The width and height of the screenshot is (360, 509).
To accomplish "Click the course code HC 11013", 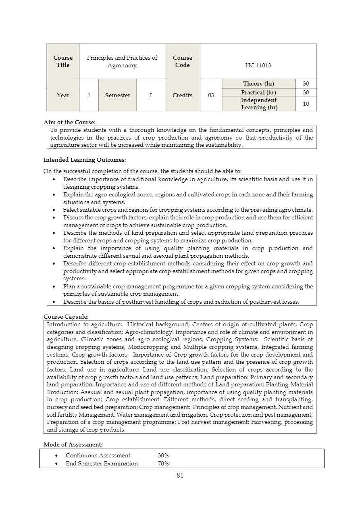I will click(258, 65).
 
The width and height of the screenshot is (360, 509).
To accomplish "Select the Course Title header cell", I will click(63, 61).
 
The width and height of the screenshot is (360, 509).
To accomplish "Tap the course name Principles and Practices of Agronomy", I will click(122, 61).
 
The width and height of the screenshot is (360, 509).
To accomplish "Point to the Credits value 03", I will click(211, 95).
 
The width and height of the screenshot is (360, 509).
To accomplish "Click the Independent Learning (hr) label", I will click(259, 104).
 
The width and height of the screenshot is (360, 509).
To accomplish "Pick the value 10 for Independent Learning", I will click(306, 104).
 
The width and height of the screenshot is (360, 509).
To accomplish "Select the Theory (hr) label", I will click(258, 83).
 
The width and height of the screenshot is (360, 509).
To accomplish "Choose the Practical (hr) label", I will click(258, 92).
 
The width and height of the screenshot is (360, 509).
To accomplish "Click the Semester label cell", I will click(118, 95).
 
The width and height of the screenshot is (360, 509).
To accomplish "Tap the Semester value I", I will click(151, 95).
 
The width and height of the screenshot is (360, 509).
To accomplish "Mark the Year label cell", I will click(63, 95).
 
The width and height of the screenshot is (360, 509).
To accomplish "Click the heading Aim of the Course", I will click(69, 122).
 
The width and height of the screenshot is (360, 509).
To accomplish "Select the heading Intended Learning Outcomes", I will click(85, 160).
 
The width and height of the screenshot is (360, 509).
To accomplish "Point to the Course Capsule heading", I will click(66, 317).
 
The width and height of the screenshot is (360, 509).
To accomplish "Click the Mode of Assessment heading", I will click(73, 444).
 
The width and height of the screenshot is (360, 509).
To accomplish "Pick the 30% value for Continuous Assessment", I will click(162, 455).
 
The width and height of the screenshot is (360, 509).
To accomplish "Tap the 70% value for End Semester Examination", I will click(162, 463).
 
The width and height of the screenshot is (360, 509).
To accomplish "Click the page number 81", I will click(180, 476).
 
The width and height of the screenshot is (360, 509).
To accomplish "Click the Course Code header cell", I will click(183, 61).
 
